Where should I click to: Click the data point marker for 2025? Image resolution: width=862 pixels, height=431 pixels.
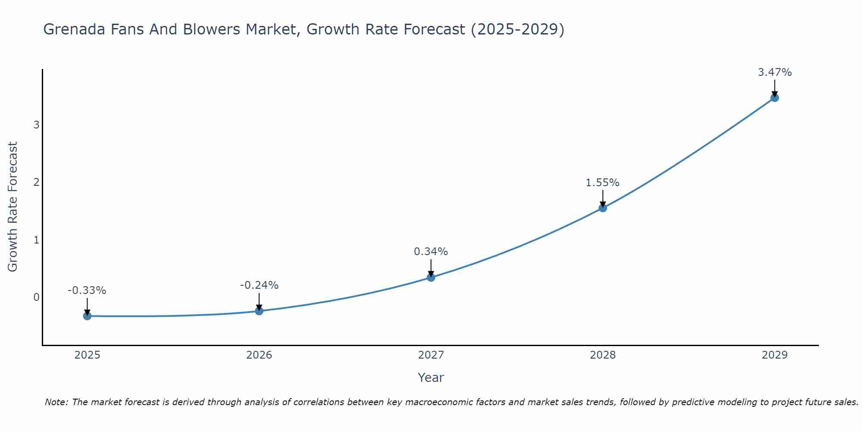click(87, 316)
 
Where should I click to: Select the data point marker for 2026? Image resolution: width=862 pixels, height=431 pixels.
click(259, 311)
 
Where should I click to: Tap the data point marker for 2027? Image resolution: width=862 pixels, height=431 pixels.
click(431, 277)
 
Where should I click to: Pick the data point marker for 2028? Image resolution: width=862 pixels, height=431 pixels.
click(603, 208)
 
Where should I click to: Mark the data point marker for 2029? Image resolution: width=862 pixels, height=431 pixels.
click(775, 98)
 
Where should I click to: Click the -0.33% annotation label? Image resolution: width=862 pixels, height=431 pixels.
click(87, 290)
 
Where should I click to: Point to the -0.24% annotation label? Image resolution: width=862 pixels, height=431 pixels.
click(259, 285)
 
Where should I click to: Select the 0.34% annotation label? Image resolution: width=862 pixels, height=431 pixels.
click(431, 252)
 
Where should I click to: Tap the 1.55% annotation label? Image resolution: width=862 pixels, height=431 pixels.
click(603, 183)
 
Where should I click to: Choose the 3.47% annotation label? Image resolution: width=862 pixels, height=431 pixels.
click(775, 72)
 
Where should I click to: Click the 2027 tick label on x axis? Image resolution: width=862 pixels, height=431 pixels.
click(431, 355)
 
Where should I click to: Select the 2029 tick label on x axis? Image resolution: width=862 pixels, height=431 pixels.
click(775, 355)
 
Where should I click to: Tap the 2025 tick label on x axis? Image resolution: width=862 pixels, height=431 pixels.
click(87, 355)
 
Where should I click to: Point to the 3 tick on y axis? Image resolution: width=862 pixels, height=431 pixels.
click(36, 125)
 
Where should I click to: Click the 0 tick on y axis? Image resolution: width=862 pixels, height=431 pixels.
click(36, 297)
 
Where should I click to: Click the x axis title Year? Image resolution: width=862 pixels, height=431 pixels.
click(431, 378)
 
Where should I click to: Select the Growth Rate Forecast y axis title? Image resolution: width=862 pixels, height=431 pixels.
click(13, 207)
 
